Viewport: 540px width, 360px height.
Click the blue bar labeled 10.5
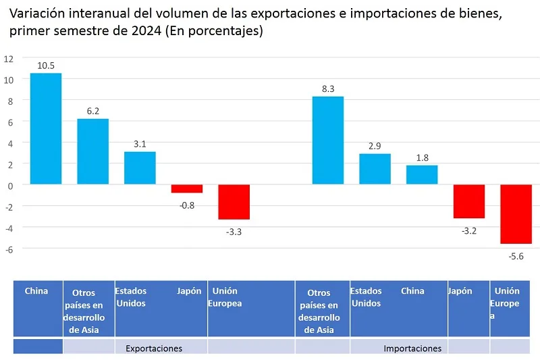(46, 128)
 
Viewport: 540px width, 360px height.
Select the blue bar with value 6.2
(93, 151)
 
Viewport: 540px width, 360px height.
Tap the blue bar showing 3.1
(140, 168)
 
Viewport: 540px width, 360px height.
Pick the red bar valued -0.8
(187, 188)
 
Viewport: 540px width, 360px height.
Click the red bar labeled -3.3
(234, 202)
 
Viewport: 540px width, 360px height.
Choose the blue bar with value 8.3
(327, 140)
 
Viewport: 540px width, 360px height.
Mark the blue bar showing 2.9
(375, 169)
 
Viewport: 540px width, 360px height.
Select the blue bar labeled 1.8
(422, 175)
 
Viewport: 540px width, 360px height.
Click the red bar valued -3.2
(468, 201)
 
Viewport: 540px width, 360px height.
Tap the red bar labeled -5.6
(516, 214)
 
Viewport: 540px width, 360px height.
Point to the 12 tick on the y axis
(8, 58)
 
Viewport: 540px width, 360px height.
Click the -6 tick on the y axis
(8, 249)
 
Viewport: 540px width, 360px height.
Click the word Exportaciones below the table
(154, 349)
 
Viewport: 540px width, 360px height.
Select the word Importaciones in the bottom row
(412, 349)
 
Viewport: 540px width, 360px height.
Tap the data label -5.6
(516, 256)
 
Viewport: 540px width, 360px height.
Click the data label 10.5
(47, 66)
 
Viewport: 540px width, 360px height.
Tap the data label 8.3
(328, 88)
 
